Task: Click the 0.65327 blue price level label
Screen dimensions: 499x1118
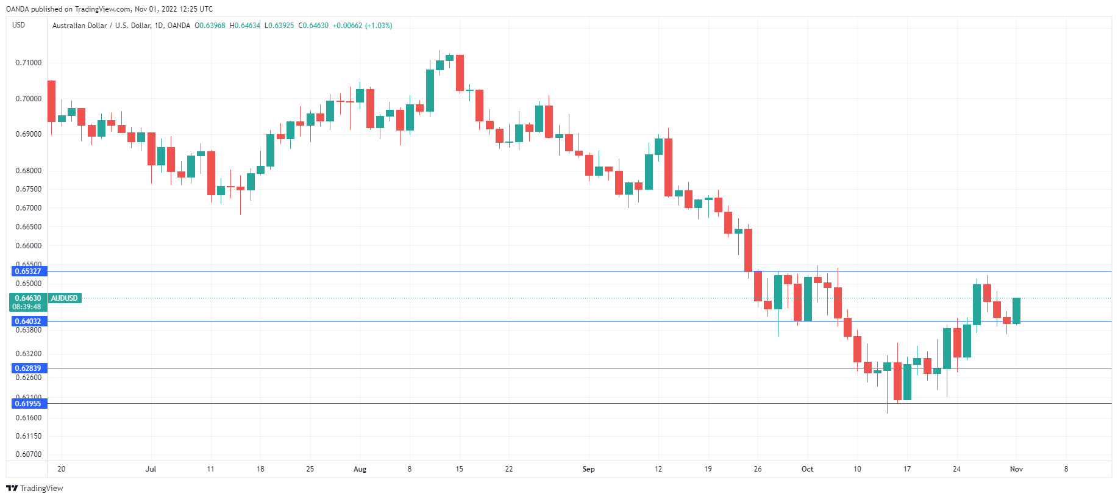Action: coord(28,271)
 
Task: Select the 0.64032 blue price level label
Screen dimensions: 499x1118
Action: coord(28,321)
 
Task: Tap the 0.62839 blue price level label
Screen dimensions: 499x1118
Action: coord(28,368)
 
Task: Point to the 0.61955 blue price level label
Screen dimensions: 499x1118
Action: coord(28,403)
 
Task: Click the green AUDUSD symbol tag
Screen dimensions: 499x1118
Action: coord(64,298)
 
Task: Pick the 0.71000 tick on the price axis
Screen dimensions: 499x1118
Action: coord(29,63)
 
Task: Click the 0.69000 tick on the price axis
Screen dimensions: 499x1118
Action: coord(29,134)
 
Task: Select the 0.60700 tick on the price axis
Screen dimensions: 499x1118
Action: coord(29,454)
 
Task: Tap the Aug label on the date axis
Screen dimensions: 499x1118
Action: coord(360,469)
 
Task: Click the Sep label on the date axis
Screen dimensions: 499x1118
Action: coord(588,469)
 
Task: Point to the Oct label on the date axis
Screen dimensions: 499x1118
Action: coord(807,469)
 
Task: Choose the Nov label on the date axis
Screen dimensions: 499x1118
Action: coord(1016,469)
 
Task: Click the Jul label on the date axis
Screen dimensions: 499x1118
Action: coord(151,469)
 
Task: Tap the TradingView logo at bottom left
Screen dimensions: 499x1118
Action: coord(35,488)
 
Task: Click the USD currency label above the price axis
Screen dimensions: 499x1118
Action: coord(19,25)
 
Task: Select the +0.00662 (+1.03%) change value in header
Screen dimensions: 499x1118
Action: coord(362,26)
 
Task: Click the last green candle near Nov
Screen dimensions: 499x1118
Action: coord(1016,311)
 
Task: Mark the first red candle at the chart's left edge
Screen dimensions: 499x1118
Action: coord(51,101)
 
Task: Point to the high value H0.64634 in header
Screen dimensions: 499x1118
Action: coord(245,26)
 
